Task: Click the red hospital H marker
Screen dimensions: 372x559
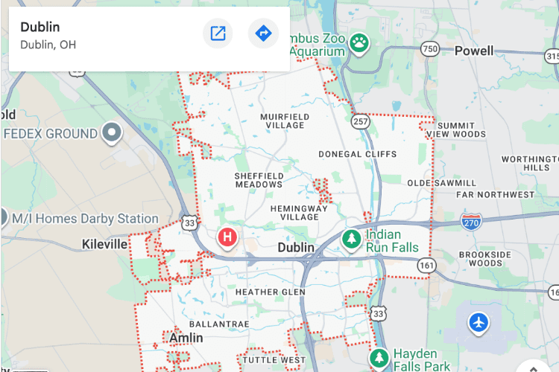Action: (x=227, y=238)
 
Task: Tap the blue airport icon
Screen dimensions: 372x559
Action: (x=479, y=323)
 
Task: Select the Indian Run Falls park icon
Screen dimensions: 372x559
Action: (x=351, y=239)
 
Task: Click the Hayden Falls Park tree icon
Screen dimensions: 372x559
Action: (x=379, y=358)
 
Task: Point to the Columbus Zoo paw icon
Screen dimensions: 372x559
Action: (x=359, y=43)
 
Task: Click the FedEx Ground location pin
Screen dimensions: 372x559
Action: (x=113, y=133)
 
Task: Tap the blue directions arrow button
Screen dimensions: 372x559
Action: (x=263, y=33)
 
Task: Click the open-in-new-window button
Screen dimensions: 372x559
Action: (x=218, y=33)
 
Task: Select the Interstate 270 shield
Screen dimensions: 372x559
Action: (x=470, y=220)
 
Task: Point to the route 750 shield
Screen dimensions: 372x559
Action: (x=429, y=49)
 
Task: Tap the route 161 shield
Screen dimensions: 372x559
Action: (x=426, y=265)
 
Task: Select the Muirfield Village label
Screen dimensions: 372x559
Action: (x=282, y=121)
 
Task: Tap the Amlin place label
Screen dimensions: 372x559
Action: (x=186, y=338)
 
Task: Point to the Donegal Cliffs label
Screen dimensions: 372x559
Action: (x=357, y=154)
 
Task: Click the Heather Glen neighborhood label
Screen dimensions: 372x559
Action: (x=271, y=292)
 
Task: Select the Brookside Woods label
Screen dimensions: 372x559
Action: (x=485, y=258)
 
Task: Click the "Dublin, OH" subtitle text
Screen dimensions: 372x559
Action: (x=48, y=45)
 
